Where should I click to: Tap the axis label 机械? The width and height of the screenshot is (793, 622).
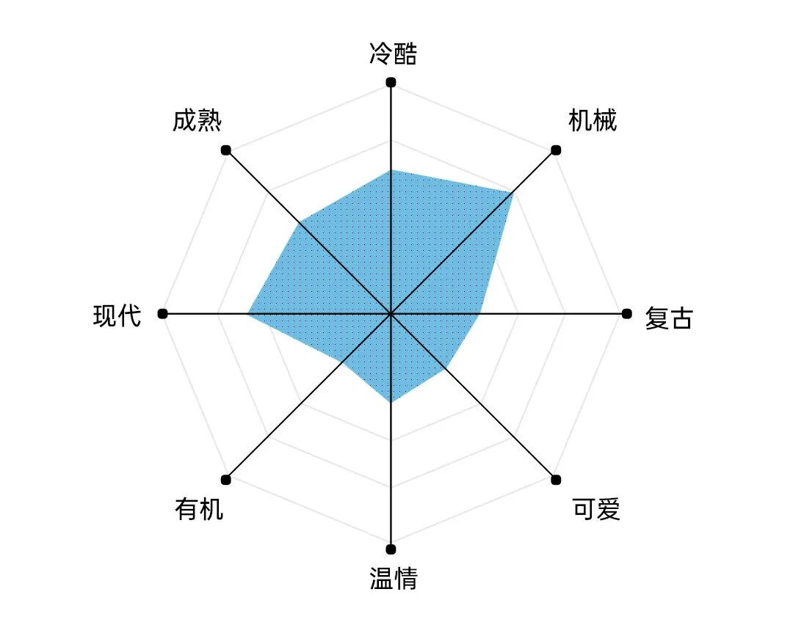coord(593,120)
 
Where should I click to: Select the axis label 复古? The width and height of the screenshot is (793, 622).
coord(668,318)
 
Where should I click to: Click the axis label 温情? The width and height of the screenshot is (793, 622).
coord(394,578)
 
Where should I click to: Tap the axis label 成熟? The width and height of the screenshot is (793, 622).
coord(197,120)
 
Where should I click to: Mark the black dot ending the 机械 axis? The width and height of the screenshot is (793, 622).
coord(556,150)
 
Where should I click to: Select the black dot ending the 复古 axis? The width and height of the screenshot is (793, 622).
coord(626,314)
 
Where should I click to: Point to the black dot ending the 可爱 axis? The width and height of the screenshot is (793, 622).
coord(556,480)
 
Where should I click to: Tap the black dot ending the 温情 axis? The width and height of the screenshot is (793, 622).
coord(391,549)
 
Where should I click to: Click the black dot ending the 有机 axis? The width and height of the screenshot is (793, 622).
coord(226,480)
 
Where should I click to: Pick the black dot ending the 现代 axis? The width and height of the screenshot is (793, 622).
coord(162,314)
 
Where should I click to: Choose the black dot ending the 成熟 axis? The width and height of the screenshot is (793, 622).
coord(226,150)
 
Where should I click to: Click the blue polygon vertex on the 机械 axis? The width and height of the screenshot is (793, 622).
coord(512,193)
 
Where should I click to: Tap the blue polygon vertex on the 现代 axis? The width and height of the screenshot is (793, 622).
coord(248,314)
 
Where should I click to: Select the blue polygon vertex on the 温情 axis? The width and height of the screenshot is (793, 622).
coord(391,403)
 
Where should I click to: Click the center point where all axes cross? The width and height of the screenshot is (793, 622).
coord(391,314)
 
